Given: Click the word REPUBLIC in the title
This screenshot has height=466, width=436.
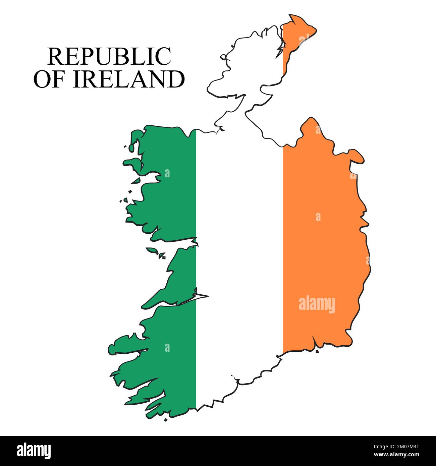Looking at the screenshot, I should [x=109, y=56].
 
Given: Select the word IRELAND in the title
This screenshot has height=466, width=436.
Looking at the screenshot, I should [x=129, y=79].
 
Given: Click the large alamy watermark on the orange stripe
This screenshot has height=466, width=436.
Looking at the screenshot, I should [x=317, y=304].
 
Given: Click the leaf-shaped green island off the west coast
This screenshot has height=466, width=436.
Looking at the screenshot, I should [x=153, y=250].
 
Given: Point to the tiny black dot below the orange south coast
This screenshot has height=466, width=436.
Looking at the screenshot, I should [x=317, y=352].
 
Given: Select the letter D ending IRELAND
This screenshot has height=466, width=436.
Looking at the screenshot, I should [x=176, y=79].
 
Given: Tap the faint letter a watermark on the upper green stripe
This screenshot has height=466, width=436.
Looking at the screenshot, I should [x=167, y=173].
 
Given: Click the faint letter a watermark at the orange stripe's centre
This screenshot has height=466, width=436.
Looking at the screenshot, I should [x=318, y=217].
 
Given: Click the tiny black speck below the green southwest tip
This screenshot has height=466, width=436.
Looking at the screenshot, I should [x=165, y=419].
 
